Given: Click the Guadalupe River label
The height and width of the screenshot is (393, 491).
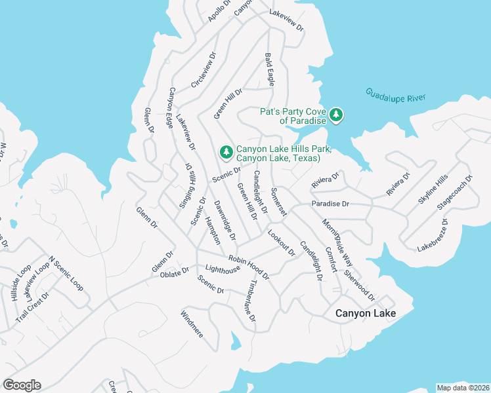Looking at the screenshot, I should click(396, 96).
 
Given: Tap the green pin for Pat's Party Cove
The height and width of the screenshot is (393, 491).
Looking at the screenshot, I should click(336, 116).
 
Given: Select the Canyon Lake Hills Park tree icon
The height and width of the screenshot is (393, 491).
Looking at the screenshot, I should click(226, 153).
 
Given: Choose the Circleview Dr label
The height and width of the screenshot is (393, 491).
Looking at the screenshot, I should click(203, 72).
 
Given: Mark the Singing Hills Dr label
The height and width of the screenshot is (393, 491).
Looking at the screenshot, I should click(186, 187).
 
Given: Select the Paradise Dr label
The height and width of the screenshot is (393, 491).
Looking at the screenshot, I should click(331, 204).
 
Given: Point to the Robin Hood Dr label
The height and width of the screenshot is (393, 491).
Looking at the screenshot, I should click(249, 267).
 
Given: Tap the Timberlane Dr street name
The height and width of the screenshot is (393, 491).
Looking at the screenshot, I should click(251, 300).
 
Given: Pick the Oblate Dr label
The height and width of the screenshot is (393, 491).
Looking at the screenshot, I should click(174, 273).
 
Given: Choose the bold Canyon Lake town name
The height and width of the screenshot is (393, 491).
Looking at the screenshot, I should click(366, 314).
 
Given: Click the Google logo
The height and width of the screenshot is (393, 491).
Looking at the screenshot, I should click(22, 384).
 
